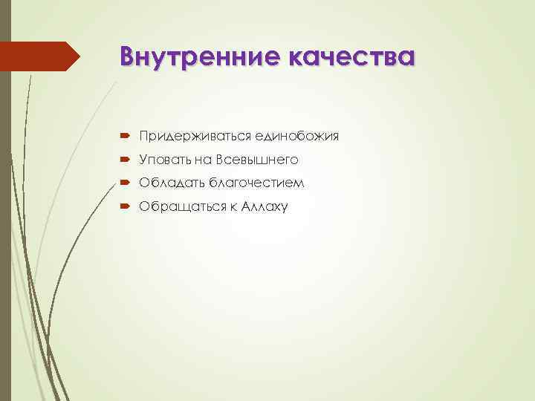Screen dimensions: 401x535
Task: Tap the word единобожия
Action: pos(297,137)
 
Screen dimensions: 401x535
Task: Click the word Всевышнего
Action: pos(257,160)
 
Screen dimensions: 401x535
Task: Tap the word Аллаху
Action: pos(266,206)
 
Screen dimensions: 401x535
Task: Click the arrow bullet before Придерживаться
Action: pos(123,137)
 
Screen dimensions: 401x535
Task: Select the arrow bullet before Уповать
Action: pos(123,160)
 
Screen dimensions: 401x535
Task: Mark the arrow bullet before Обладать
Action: pos(123,183)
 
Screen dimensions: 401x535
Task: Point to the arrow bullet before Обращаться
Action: pos(123,206)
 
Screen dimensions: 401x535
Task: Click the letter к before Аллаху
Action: pos(234,206)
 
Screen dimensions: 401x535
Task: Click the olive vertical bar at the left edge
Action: pos(5,223)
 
